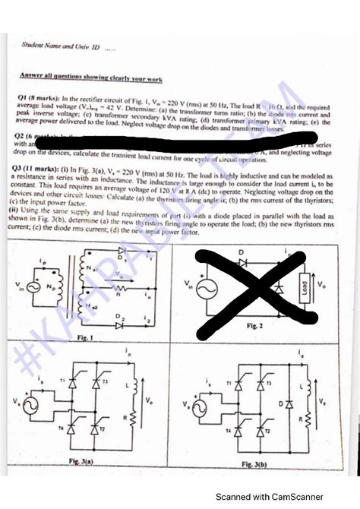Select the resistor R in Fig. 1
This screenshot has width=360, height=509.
[x=117, y=289]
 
